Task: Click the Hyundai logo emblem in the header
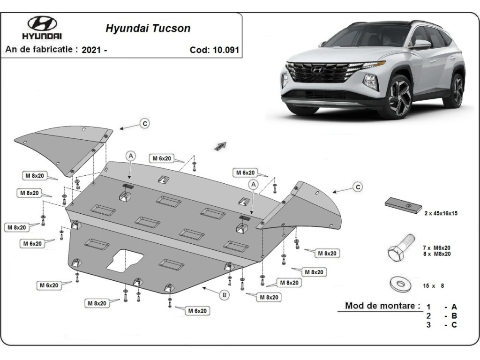point(42,23)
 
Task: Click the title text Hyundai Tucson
point(148,28)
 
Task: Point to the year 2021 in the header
point(91,50)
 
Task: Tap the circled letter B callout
point(225,295)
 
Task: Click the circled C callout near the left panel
point(145,123)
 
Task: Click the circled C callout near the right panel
point(358,187)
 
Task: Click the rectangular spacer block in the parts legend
point(403,205)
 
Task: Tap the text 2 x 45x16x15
point(441,213)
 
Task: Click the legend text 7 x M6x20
point(436,247)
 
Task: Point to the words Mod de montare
point(381,306)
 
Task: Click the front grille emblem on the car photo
point(318,69)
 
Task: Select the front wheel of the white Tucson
point(400,96)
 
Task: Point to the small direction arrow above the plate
point(220,146)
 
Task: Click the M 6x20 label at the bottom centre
point(197,311)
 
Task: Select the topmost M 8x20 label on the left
point(35,176)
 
